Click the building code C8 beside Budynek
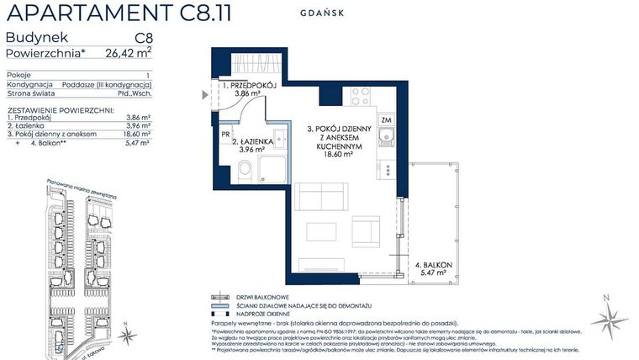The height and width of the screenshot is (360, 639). tap(143, 38)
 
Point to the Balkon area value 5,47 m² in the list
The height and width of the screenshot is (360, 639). tap(137, 144)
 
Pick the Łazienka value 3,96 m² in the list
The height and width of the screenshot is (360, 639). tap(137, 125)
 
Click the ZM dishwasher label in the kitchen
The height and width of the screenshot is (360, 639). tap(386, 120)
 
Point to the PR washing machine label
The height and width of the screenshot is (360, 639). tap(226, 134)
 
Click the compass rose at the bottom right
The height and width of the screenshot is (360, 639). tap(610, 319)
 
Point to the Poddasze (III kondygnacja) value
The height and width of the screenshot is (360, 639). tap(116, 85)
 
